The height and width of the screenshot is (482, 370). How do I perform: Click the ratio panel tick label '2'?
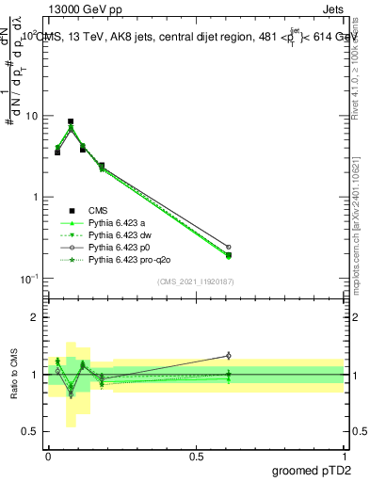click(36, 317)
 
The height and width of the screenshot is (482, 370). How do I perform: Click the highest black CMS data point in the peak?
click(71, 121)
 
